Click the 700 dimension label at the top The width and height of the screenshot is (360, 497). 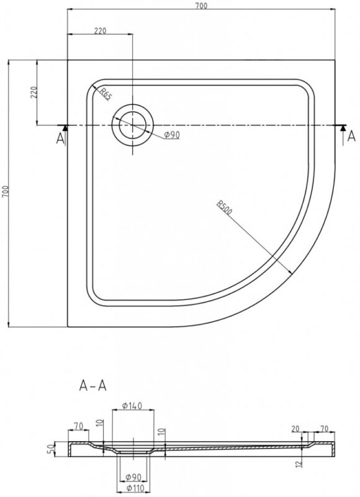201,6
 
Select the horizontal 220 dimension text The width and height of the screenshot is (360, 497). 100,30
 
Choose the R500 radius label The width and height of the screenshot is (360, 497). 225,207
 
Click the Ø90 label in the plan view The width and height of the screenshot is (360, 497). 171,135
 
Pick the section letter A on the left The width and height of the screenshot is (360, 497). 60,139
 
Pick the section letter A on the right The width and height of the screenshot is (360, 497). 351,136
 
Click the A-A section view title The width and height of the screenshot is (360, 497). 92,385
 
